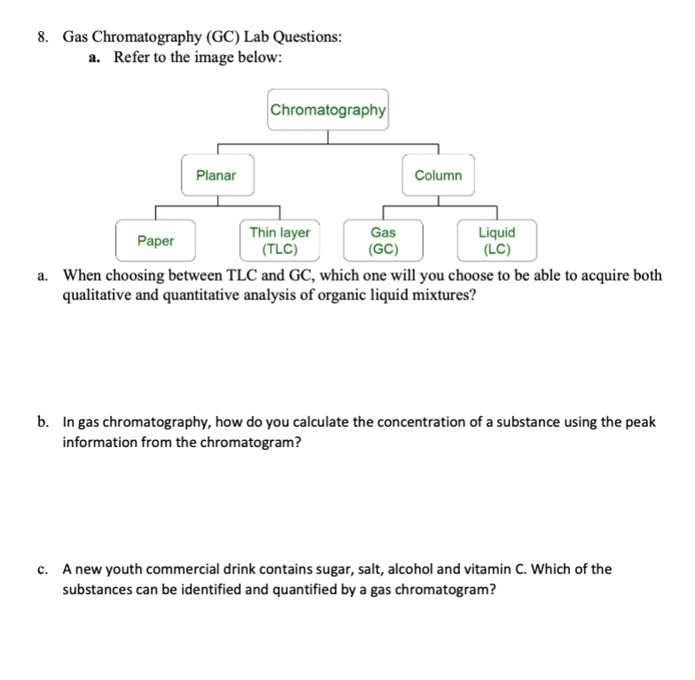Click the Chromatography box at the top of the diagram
[328, 111]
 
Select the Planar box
[216, 175]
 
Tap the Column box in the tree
[438, 175]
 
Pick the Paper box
[156, 240]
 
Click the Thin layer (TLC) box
[279, 240]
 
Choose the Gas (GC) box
[383, 240]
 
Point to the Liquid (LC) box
[496, 240]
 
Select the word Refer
[133, 58]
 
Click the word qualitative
[95, 295]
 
